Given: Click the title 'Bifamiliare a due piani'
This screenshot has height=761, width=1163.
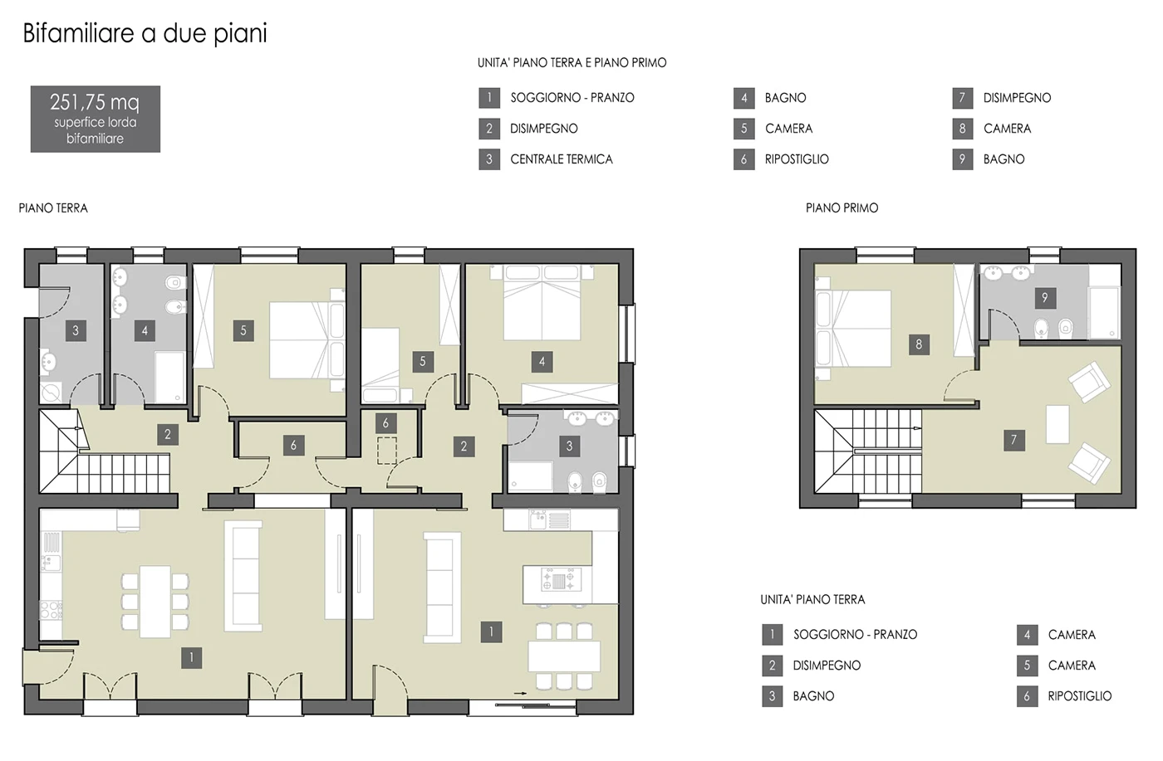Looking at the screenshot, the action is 145,34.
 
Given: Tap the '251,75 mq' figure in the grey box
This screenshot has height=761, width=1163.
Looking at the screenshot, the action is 95,102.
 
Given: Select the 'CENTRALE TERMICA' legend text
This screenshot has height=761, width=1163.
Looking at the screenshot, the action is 562,159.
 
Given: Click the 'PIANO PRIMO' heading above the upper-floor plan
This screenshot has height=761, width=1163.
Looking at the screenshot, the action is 842,208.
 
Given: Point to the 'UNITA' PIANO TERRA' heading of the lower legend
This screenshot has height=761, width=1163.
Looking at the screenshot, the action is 812,600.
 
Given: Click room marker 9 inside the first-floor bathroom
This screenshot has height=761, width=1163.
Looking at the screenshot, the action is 1045,298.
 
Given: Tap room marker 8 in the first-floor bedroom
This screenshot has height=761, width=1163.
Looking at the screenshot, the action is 919,344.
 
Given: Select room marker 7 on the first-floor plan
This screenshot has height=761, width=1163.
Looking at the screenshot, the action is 1013,440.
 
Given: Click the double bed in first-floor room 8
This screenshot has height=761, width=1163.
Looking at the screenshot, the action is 852,329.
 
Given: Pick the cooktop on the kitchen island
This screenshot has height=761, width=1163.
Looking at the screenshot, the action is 558,579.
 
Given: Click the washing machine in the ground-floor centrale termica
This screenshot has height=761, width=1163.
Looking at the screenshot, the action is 51,393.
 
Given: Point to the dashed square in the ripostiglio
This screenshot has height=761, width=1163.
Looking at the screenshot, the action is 387,451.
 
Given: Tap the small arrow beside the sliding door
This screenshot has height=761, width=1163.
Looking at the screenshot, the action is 520,693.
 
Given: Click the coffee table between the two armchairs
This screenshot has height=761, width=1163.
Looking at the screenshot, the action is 1057,424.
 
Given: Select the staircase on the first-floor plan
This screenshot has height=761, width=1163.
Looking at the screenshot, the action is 867,451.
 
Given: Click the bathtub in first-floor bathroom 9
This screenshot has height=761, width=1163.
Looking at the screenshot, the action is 1104,312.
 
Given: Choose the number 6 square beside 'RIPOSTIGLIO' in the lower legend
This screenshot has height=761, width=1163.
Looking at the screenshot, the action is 1027,696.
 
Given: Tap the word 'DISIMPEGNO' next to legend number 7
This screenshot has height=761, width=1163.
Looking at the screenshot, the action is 1017,98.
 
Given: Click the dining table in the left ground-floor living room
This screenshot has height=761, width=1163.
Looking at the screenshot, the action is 155,602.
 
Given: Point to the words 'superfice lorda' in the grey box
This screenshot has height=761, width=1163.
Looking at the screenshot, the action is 95,123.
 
